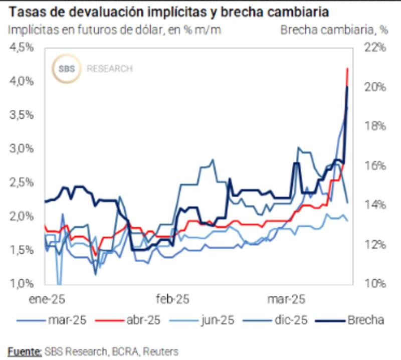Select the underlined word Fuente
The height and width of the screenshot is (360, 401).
tap(25, 351)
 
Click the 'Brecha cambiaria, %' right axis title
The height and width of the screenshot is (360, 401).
tap(334, 30)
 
